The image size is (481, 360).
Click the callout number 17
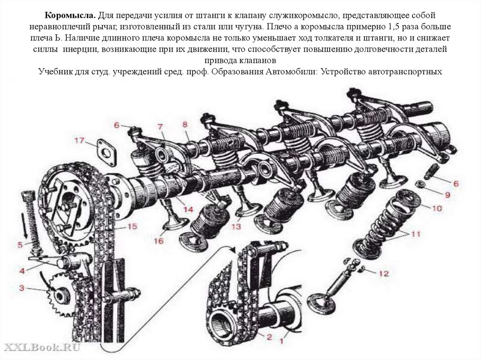click(x=78, y=140)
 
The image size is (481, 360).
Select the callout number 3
click(x=22, y=288)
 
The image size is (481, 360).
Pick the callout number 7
click(x=160, y=127)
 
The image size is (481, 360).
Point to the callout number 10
click(x=436, y=207)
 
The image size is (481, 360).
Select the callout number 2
click(x=269, y=337)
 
